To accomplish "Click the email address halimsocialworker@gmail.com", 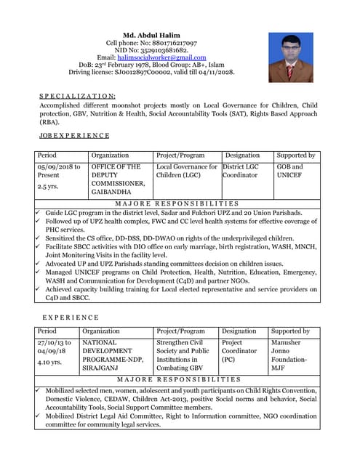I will coord(156,57).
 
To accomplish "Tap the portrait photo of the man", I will coord(290,57).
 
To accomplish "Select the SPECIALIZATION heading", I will coord(77,96).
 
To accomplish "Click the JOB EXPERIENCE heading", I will coord(74,135).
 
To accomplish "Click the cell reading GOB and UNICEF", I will coord(289,171).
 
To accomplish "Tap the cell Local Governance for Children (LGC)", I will coord(187,171).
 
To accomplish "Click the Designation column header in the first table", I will coord(242,155).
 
